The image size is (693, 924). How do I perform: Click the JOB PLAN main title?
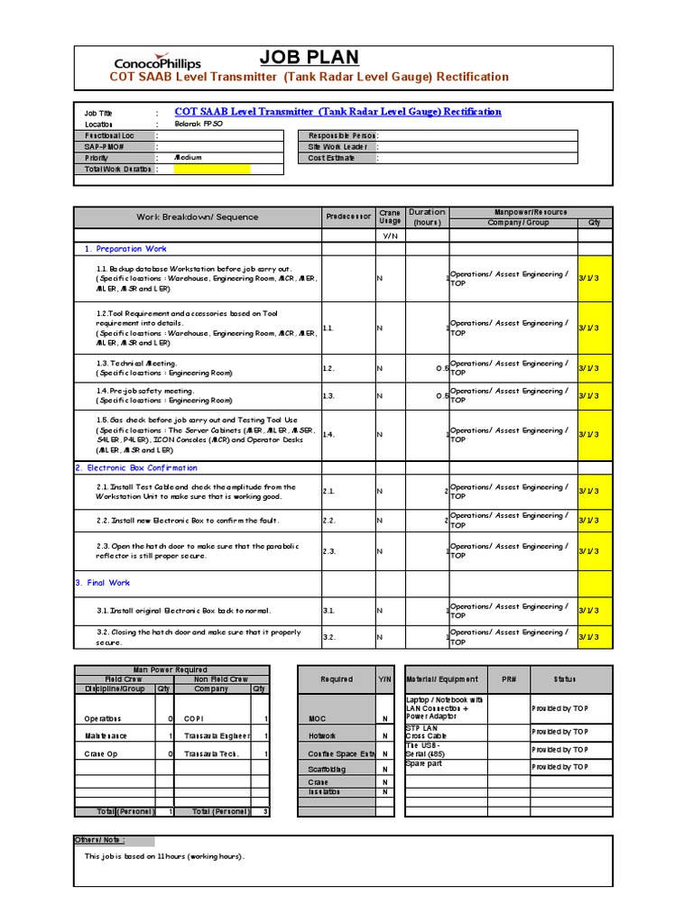tap(309, 58)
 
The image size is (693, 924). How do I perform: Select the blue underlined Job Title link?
tap(337, 112)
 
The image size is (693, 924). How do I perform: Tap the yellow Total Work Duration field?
tap(212, 169)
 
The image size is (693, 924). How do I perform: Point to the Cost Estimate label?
tap(331, 158)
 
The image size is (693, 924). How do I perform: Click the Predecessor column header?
tap(348, 217)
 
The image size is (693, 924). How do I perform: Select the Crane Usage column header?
tap(390, 217)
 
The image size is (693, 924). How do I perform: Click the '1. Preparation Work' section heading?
tap(125, 248)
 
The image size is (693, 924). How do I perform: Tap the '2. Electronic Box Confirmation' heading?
tap(136, 467)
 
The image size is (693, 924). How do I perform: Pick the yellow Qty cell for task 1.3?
tap(589, 367)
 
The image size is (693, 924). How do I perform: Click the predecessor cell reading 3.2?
tap(329, 637)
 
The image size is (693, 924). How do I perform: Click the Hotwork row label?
tap(321, 735)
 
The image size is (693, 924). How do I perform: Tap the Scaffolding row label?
tap(327, 769)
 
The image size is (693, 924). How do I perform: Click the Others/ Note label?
tap(99, 839)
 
